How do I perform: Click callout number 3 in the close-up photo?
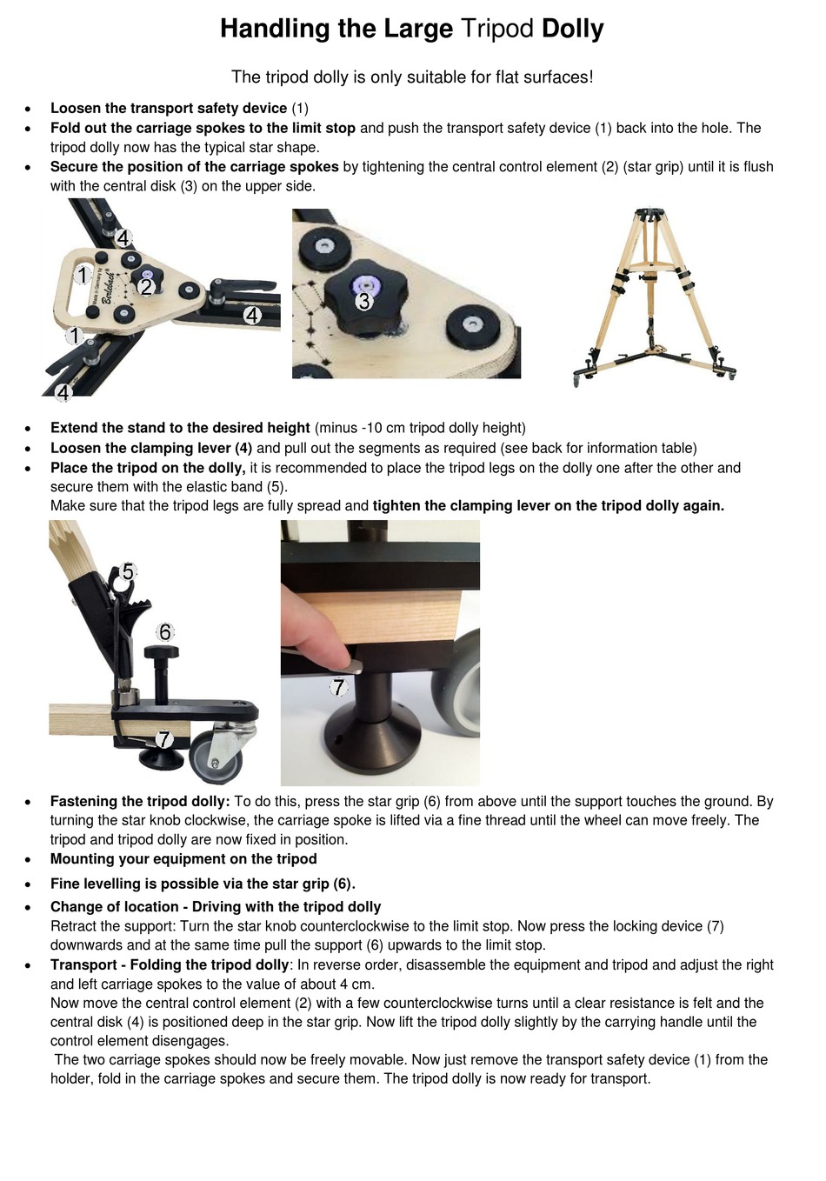click(x=364, y=302)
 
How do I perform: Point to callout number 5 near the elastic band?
click(x=128, y=571)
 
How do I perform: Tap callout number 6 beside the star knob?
click(x=165, y=632)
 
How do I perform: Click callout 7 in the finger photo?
click(x=338, y=688)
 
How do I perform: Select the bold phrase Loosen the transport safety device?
click(x=169, y=109)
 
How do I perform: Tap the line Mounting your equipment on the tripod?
click(x=183, y=859)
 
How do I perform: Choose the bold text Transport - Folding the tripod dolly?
click(x=170, y=965)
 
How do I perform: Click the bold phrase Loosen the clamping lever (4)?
click(x=151, y=449)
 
